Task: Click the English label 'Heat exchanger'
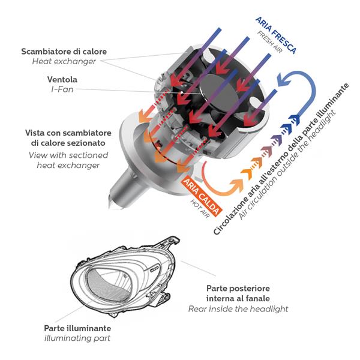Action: point(78,61)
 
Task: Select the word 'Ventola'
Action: point(62,79)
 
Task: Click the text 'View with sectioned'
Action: point(68,155)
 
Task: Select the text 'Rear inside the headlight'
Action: point(238,308)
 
